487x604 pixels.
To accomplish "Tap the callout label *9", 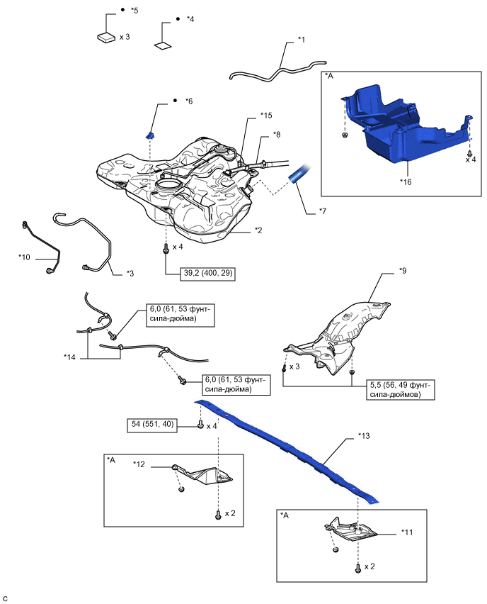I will (x=402, y=270).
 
